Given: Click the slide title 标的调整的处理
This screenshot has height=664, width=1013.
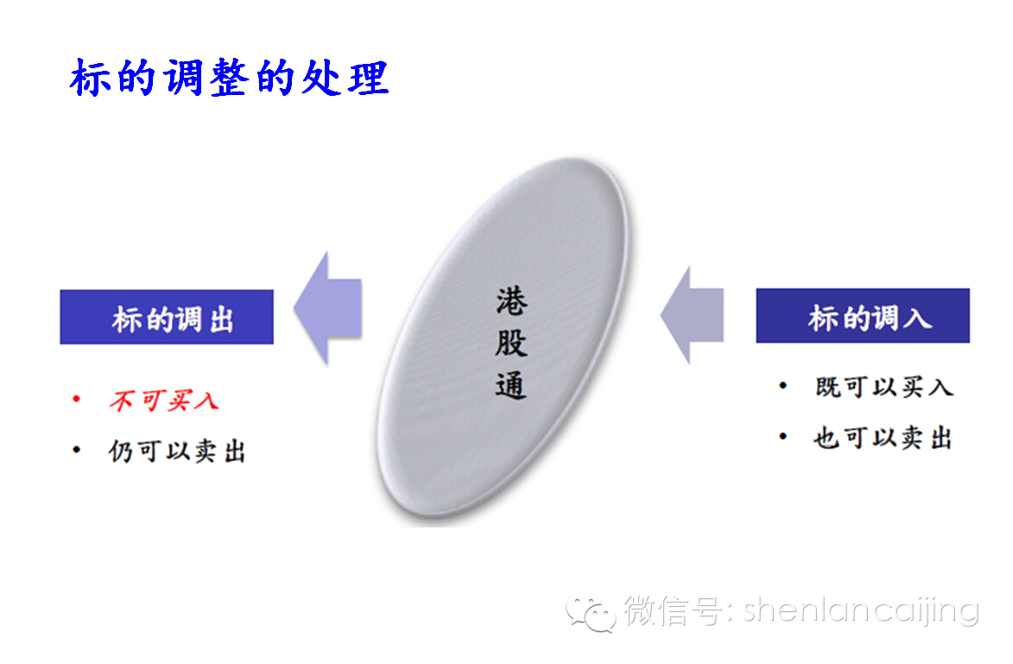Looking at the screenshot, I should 229,78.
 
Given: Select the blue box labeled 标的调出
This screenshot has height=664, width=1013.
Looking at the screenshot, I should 167,317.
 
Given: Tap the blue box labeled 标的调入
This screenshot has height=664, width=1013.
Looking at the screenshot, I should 863,316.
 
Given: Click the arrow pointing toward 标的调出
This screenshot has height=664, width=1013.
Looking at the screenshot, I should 327,307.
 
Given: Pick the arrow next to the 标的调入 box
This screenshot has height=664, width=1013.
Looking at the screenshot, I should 692,314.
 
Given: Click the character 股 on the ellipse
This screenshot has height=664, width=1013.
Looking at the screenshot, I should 511,342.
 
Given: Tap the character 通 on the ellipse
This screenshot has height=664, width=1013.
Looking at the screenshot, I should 511,384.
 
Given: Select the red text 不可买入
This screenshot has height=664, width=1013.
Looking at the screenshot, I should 163,401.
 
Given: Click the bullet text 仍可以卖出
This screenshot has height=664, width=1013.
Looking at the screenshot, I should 177,451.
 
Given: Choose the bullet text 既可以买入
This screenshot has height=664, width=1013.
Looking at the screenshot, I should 883,387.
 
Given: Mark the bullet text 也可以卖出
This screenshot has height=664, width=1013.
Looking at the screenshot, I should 883,439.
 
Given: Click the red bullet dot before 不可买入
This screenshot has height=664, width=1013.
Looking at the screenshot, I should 77,399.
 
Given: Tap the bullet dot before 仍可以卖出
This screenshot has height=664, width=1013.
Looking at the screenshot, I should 77,449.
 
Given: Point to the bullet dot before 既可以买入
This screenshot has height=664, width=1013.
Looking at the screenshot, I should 783,385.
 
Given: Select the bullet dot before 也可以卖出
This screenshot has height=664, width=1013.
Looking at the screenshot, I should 783,436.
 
